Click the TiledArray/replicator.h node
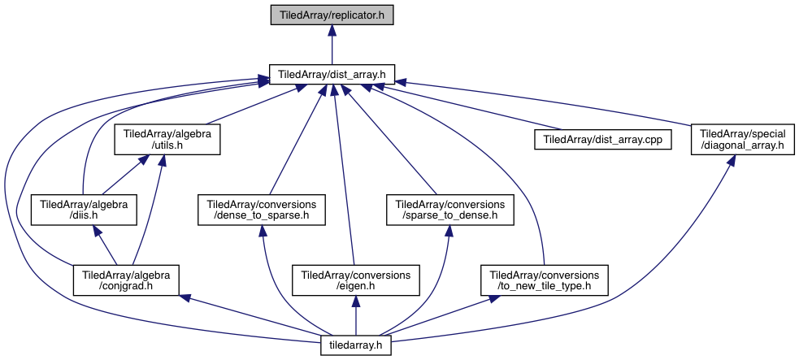(x=332, y=15)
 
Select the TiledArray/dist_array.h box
(x=332, y=74)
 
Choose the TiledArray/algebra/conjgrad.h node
(x=125, y=279)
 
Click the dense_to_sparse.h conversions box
(x=262, y=209)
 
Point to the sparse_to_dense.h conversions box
(x=449, y=209)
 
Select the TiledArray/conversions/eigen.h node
(x=357, y=279)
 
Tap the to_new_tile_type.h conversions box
(x=545, y=279)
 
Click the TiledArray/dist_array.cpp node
(x=602, y=139)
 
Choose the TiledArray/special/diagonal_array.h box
(x=742, y=139)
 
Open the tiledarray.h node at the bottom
(x=357, y=345)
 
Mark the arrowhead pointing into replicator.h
(x=332, y=30)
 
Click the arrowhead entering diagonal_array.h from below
(x=732, y=161)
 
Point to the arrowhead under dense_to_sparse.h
(x=263, y=231)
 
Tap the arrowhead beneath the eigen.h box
(x=357, y=301)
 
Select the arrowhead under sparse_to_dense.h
(x=448, y=231)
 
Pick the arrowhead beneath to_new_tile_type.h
(x=493, y=300)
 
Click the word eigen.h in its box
(x=357, y=285)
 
